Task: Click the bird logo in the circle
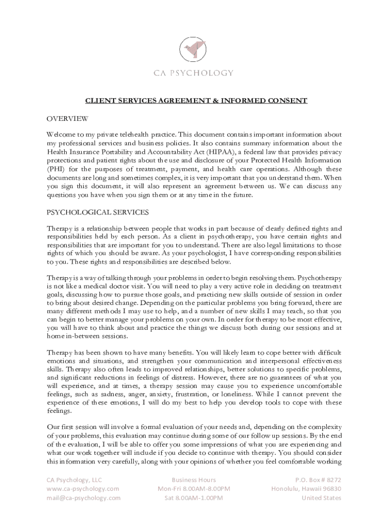click(194, 48)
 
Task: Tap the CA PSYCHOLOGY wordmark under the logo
click(194, 73)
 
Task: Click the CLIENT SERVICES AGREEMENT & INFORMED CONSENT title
click(196, 101)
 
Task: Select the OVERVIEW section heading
click(68, 119)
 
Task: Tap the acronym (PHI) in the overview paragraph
click(56, 169)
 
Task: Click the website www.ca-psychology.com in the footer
click(83, 489)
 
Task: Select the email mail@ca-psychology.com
click(84, 498)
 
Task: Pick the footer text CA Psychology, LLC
click(74, 480)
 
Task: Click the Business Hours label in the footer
click(193, 480)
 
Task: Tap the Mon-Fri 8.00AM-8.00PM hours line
click(194, 489)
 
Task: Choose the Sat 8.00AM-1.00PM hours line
click(194, 498)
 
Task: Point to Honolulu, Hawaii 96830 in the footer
click(307, 489)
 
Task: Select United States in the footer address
click(321, 498)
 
